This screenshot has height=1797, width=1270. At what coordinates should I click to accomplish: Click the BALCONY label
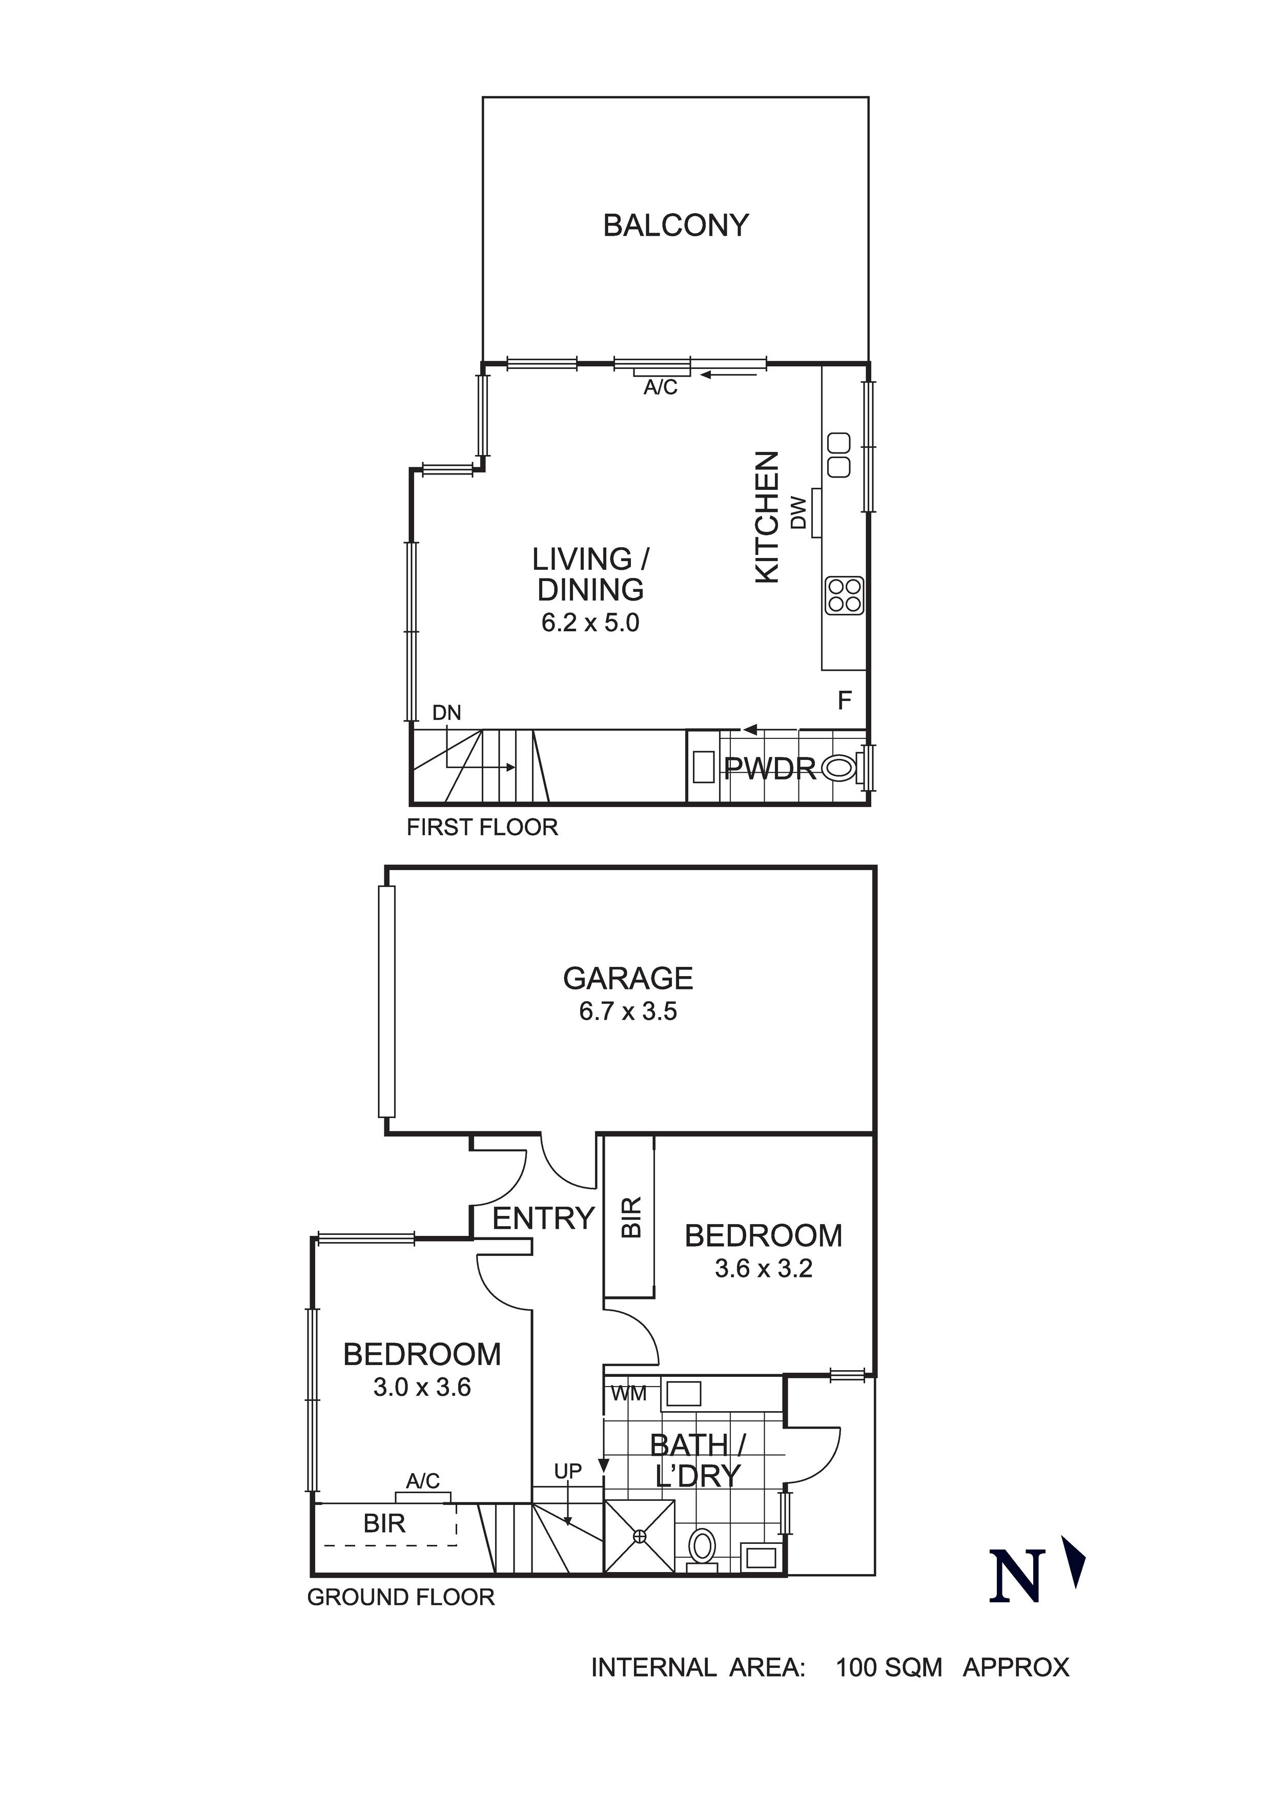[675, 225]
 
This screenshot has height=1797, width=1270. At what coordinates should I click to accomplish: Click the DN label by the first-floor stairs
[447, 713]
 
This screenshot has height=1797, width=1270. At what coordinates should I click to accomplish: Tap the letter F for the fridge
[844, 700]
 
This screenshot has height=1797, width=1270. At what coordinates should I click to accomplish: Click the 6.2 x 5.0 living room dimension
[590, 623]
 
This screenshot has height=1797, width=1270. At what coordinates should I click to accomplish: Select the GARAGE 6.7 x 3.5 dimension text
[628, 1012]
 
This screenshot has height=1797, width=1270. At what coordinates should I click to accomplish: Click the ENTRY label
[543, 1218]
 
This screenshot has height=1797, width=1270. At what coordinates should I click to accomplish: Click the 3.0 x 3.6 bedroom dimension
[422, 1388]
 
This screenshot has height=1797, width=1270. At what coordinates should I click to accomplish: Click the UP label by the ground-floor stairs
[568, 1472]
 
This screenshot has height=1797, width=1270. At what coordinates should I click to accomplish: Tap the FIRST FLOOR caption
[482, 828]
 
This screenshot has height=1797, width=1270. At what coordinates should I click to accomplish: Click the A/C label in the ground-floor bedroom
[423, 1481]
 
